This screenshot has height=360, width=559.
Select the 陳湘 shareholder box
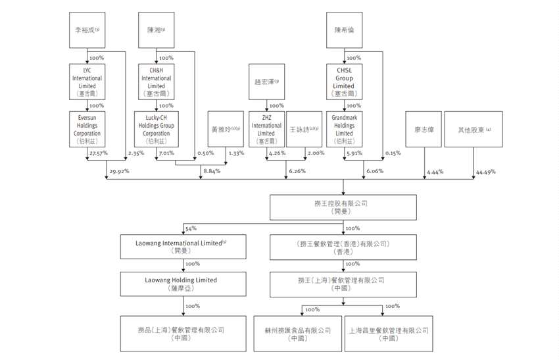pyautogui.click(x=157, y=30)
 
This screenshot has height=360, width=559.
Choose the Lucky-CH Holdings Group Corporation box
pyautogui.click(x=157, y=128)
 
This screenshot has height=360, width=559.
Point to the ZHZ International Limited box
pyautogui.click(x=266, y=128)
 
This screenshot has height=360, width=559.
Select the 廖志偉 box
pyautogui.click(x=422, y=128)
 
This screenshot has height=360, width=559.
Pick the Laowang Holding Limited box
pyautogui.click(x=180, y=284)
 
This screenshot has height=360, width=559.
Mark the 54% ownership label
pyautogui.click(x=191, y=228)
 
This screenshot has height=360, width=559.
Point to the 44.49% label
pyautogui.click(x=485, y=172)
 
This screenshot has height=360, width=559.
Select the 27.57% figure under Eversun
pyautogui.click(x=97, y=154)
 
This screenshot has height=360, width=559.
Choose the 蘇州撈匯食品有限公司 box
pyautogui.click(x=297, y=333)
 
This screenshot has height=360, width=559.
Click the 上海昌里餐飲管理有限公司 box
pyautogui.click(x=388, y=333)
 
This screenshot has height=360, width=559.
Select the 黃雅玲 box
pyautogui.click(x=225, y=128)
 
